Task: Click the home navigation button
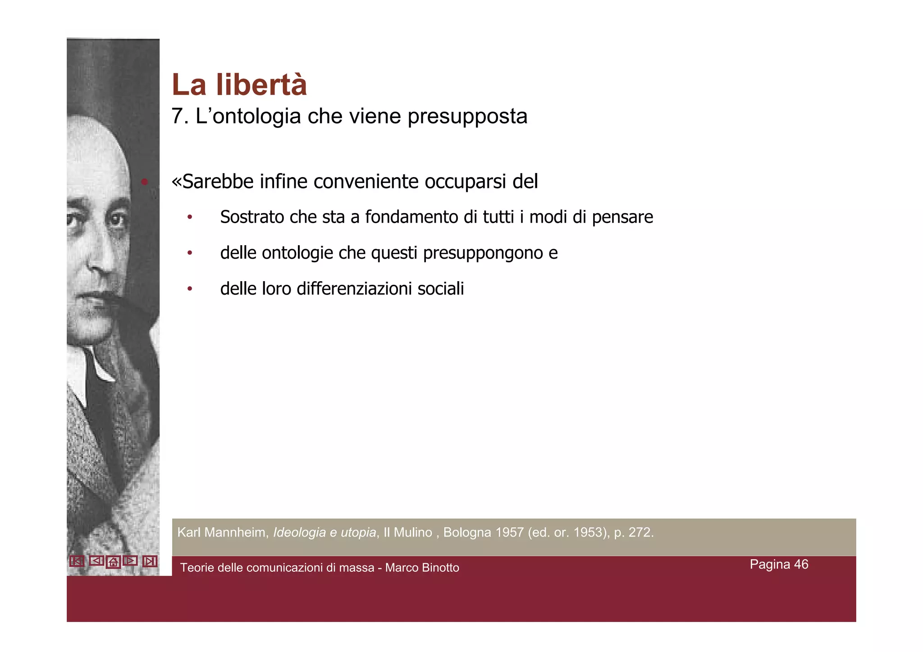tap(113, 562)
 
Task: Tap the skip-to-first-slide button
tap(77, 561)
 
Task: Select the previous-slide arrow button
tap(96, 561)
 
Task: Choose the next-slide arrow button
tap(130, 561)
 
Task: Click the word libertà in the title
tap(261, 85)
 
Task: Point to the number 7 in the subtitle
tap(178, 117)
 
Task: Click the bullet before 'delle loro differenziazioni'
tap(190, 289)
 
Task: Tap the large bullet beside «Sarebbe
tap(144, 182)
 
